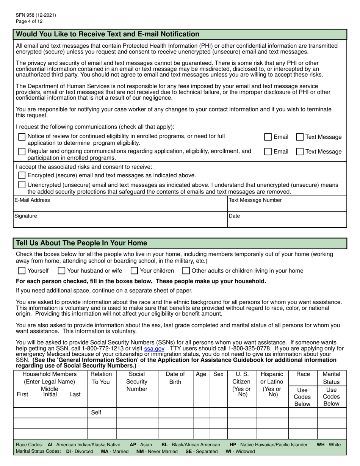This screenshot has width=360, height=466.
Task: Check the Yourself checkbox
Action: coord(22,271)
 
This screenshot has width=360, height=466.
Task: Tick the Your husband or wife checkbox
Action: coord(61,271)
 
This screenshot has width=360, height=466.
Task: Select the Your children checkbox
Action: coord(134,271)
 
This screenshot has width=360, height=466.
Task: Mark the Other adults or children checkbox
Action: coord(186,271)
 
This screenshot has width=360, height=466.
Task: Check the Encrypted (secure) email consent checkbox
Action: coord(22,175)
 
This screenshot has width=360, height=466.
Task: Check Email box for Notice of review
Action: coord(268,137)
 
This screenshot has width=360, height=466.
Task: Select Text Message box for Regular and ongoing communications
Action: coord(299,152)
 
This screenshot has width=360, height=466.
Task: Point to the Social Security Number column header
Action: coord(137,382)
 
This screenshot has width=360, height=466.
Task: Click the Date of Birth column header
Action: coord(175,378)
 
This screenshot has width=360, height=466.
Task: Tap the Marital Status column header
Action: coord(331,378)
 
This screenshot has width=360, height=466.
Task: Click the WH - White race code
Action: coord(329,445)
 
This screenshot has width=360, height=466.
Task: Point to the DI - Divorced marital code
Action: coord(79,452)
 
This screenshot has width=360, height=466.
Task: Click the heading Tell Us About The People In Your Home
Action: coord(81,243)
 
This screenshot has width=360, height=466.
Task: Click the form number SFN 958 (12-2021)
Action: coord(36,15)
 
